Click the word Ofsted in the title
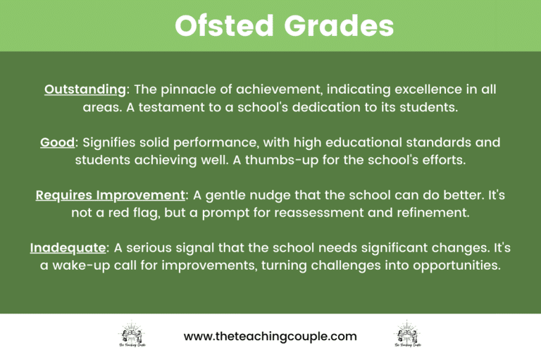click(223, 26)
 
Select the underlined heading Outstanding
click(85, 90)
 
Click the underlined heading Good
click(57, 142)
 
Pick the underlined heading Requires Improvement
click(110, 195)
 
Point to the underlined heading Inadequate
click(68, 248)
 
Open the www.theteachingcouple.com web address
click(270, 337)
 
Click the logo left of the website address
click(132, 336)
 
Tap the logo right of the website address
click(408, 336)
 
